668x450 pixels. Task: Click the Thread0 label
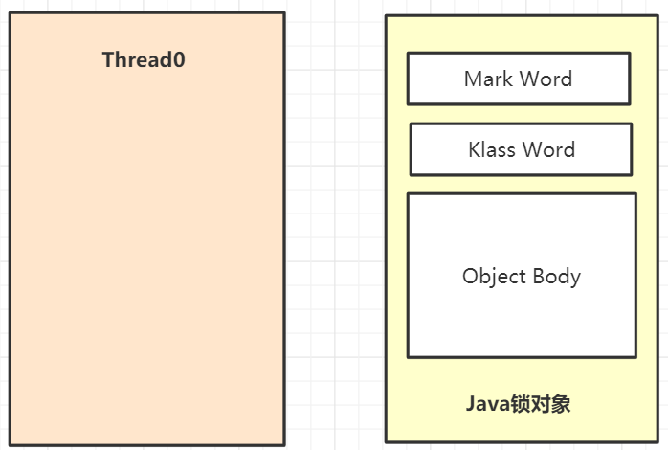pos(144,59)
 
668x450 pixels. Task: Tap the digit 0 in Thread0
pos(179,59)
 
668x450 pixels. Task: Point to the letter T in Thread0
pos(108,59)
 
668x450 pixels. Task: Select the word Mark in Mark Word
pos(488,79)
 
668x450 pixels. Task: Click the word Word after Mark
pos(546,79)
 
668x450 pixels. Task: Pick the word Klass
pos(492,149)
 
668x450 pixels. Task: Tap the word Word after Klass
pos(548,149)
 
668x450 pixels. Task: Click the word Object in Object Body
pos(494,277)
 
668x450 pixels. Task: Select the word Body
pos(557,277)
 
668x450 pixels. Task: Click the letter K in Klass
pos(475,149)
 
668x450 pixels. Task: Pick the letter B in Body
pos(539,276)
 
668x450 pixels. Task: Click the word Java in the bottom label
pos(488,403)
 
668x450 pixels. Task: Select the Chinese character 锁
pos(520,403)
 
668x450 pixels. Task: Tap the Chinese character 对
pos(540,403)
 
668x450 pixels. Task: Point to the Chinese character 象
pos(560,403)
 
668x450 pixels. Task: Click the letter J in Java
pos(471,403)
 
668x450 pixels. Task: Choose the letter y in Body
pos(575,280)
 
